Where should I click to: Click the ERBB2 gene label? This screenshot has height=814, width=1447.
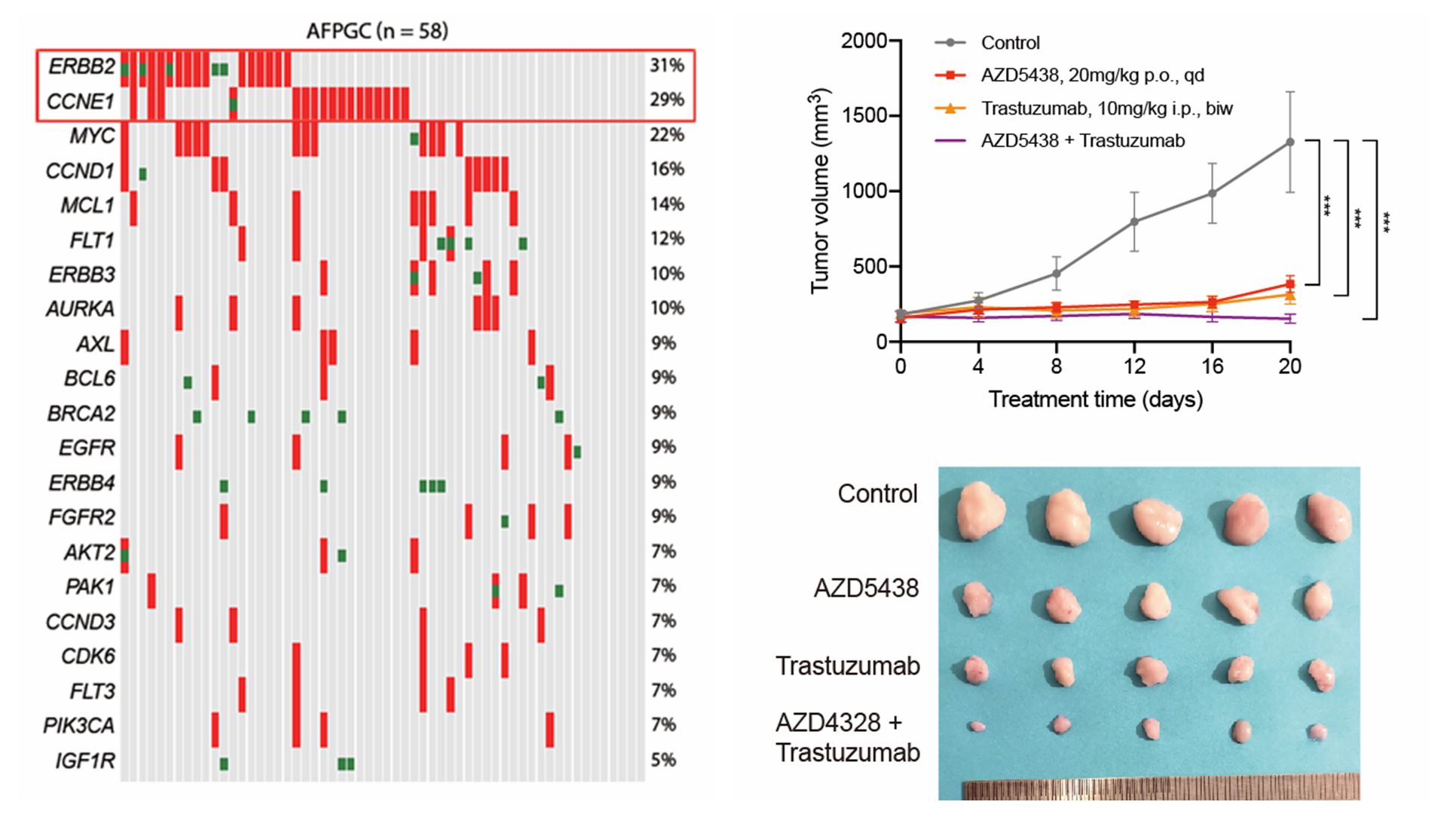[81, 66]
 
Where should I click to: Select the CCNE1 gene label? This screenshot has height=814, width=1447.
[80, 101]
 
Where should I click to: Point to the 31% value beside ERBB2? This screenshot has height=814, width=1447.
[667, 66]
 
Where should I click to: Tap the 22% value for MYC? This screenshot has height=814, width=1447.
[667, 135]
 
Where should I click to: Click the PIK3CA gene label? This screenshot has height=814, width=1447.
[79, 726]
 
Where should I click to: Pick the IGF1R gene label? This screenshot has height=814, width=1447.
[85, 760]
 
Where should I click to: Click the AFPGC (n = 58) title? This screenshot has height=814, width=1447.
[377, 31]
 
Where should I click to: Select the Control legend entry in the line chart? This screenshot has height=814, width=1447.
[1010, 43]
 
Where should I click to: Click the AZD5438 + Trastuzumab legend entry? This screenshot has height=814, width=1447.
[1082, 141]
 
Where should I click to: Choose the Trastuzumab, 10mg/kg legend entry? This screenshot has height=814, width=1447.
[1106, 109]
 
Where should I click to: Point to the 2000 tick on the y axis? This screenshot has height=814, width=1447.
[864, 41]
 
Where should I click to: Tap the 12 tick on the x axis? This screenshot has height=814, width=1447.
[1134, 366]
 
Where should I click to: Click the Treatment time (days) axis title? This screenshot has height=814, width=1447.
[1095, 399]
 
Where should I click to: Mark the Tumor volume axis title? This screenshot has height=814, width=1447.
[820, 191]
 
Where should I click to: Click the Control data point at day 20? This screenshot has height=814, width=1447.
[1290, 142]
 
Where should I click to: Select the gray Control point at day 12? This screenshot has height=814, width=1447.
[1134, 222]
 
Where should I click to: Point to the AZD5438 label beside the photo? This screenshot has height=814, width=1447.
[866, 588]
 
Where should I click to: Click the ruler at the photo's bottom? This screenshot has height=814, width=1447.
[1161, 788]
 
